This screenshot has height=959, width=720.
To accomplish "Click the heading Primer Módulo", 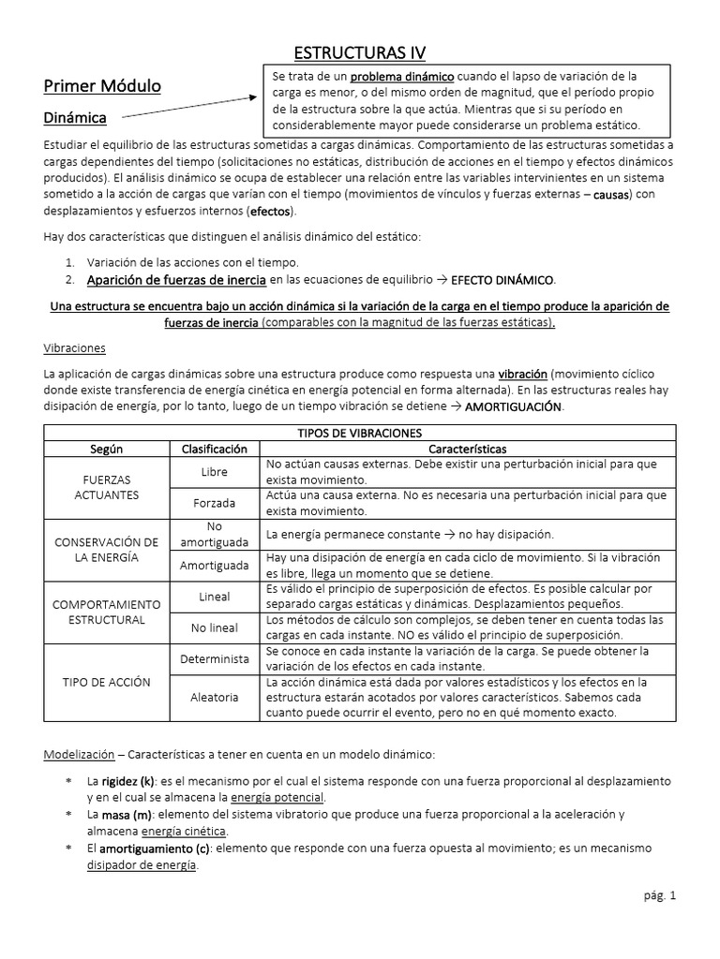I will (102, 86).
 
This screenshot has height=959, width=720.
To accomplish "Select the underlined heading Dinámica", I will (74, 118).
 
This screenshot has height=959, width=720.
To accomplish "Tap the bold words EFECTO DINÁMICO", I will (502, 280).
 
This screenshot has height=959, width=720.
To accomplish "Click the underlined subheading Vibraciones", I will (75, 347).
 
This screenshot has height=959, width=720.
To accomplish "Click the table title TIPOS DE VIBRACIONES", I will (359, 433).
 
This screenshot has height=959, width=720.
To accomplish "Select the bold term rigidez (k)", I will (121, 781).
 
